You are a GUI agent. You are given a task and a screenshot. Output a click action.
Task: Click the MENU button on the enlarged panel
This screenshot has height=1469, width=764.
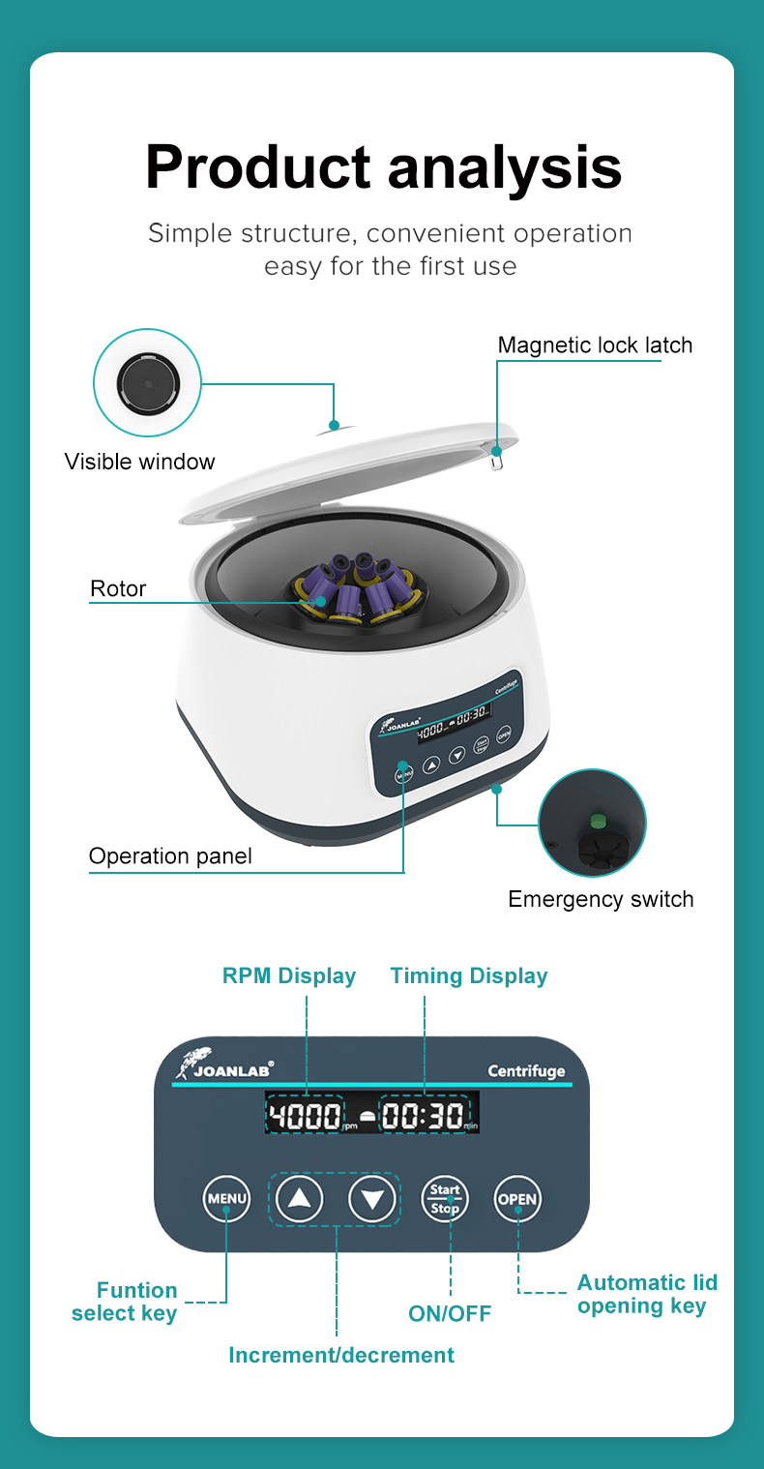(226, 1200)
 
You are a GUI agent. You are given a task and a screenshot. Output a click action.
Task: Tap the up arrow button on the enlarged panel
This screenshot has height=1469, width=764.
(300, 1200)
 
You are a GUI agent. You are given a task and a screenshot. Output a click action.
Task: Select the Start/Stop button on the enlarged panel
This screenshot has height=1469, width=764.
(445, 1200)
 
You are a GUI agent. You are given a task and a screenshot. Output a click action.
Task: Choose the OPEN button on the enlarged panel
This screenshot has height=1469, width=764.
(517, 1200)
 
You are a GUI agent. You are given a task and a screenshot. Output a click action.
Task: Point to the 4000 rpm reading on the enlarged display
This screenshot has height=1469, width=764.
(305, 1116)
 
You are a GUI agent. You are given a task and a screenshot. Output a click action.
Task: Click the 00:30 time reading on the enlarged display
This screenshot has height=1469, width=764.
(424, 1116)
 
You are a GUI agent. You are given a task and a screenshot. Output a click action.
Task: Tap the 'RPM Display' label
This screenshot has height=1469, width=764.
(289, 975)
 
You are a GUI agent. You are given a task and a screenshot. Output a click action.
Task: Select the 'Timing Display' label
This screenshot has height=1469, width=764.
(469, 975)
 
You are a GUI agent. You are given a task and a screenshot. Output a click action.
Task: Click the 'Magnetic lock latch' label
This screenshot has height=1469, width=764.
(595, 345)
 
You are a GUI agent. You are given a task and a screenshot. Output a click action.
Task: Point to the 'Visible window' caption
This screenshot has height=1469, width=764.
(140, 462)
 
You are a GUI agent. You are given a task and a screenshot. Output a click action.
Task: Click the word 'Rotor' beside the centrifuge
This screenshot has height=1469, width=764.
(118, 588)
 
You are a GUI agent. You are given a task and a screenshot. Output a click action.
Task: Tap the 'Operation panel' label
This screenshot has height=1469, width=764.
(170, 856)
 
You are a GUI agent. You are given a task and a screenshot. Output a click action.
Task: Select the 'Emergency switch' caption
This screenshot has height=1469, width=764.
(601, 899)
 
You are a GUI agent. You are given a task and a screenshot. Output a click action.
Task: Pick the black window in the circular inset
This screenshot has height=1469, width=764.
(147, 382)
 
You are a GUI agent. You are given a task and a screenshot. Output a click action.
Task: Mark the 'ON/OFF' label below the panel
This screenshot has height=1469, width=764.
(450, 1313)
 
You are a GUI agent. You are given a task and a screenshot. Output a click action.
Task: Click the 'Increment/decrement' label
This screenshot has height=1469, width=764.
(341, 1355)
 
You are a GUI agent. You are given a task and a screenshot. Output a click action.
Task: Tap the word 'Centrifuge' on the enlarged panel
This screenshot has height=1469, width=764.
(526, 1071)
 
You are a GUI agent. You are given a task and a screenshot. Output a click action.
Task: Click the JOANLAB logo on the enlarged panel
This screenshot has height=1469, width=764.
(225, 1064)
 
